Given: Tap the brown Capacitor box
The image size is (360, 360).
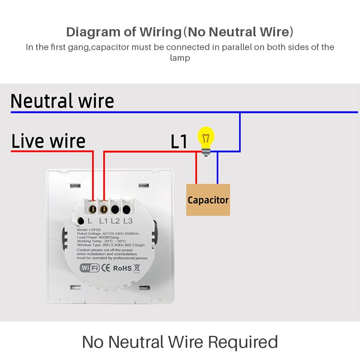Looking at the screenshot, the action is pyautogui.click(x=208, y=200).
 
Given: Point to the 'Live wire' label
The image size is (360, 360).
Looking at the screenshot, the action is pyautogui.click(x=48, y=141).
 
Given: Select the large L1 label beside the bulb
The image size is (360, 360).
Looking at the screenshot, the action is pyautogui.click(x=179, y=141).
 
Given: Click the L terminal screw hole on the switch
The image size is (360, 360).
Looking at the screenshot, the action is pyautogui.click(x=93, y=209).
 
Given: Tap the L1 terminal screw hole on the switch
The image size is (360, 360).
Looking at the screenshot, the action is pyautogui.click(x=104, y=209).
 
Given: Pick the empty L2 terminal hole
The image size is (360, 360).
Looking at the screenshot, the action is pyautogui.click(x=115, y=209).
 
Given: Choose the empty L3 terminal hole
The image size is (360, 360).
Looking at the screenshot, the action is pyautogui.click(x=126, y=209).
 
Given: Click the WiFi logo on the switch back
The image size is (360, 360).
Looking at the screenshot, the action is pyautogui.click(x=90, y=268).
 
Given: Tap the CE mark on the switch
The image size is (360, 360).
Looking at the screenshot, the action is pyautogui.click(x=105, y=268).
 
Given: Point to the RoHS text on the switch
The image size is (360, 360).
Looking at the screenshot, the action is pyautogui.click(x=122, y=268).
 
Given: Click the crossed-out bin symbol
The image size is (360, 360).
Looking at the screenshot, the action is pyautogui.click(x=137, y=268).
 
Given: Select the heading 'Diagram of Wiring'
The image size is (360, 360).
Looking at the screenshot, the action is pyautogui.click(x=124, y=32).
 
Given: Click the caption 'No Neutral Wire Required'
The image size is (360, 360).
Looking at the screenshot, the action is pyautogui.click(x=180, y=342).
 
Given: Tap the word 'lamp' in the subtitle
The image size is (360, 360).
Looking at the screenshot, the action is pyautogui.click(x=180, y=58).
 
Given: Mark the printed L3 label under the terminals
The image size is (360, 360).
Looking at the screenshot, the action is pyautogui.click(x=128, y=221).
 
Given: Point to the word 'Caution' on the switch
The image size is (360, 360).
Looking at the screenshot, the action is pyautogui.click(x=84, y=250).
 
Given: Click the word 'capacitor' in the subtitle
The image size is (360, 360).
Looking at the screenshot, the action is pyautogui.click(x=111, y=47).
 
